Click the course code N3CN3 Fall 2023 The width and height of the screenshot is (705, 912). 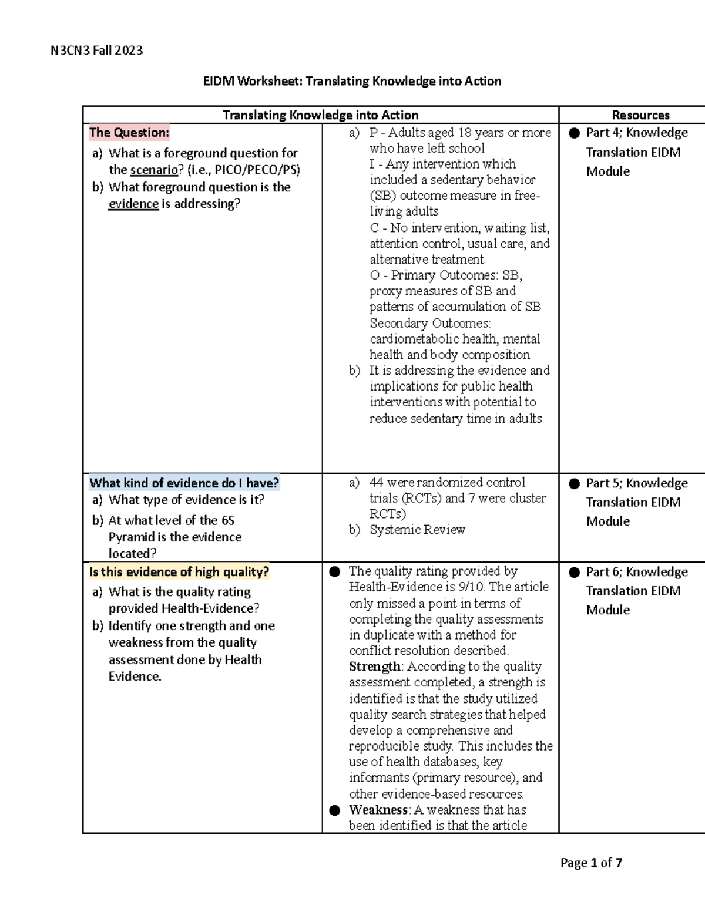coord(96,51)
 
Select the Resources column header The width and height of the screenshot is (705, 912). coord(640,115)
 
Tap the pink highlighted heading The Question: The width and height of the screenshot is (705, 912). coord(129,133)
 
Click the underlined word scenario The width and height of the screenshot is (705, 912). coord(153,170)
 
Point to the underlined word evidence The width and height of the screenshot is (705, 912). coord(133,204)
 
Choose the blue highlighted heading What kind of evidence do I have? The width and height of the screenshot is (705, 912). coord(184,483)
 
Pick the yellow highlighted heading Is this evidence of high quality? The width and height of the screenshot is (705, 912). coord(179,572)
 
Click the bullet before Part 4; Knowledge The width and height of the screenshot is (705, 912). coord(574,133)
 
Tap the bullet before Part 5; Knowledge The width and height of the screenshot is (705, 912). coord(574,483)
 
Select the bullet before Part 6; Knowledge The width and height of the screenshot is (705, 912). coord(574,572)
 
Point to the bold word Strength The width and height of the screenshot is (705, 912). coord(374,667)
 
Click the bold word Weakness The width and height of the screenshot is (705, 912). coord(378,810)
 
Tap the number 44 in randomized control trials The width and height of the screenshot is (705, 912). coord(376,482)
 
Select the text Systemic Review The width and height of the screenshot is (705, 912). coord(417,530)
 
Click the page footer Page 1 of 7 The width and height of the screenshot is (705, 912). coord(591,863)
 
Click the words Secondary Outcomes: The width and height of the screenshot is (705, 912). coord(430,323)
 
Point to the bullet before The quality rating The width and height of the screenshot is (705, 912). coord(335,571)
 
